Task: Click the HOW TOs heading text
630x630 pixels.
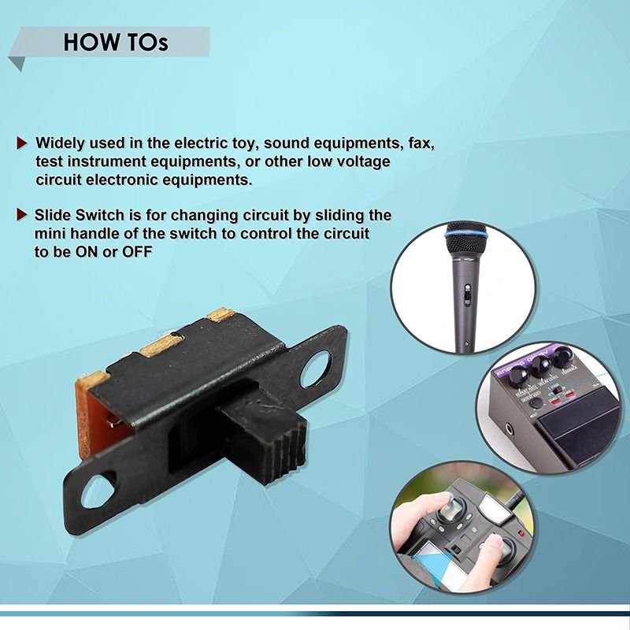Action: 116,42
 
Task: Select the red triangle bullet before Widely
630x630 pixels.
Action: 22,144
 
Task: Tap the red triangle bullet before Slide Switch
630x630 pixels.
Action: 22,215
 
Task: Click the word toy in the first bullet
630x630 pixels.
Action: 239,144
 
